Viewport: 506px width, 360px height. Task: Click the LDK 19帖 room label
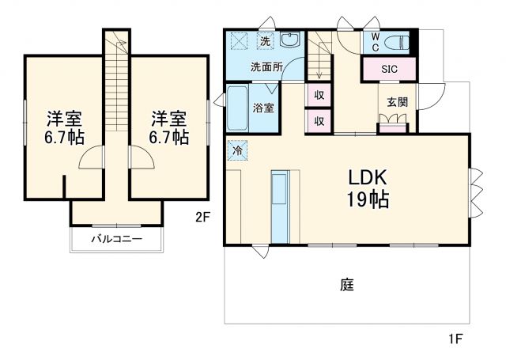click(365, 188)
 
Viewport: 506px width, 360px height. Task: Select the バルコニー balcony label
click(115, 238)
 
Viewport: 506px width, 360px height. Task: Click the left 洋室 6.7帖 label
click(63, 127)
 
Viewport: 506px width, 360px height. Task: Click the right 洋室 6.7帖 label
click(169, 127)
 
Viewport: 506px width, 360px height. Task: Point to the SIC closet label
click(388, 70)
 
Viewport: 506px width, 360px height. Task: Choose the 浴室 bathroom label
click(263, 108)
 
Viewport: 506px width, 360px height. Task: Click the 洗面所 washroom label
click(266, 67)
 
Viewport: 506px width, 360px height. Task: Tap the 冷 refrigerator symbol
click(236, 149)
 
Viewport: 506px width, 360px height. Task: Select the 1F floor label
click(455, 339)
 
